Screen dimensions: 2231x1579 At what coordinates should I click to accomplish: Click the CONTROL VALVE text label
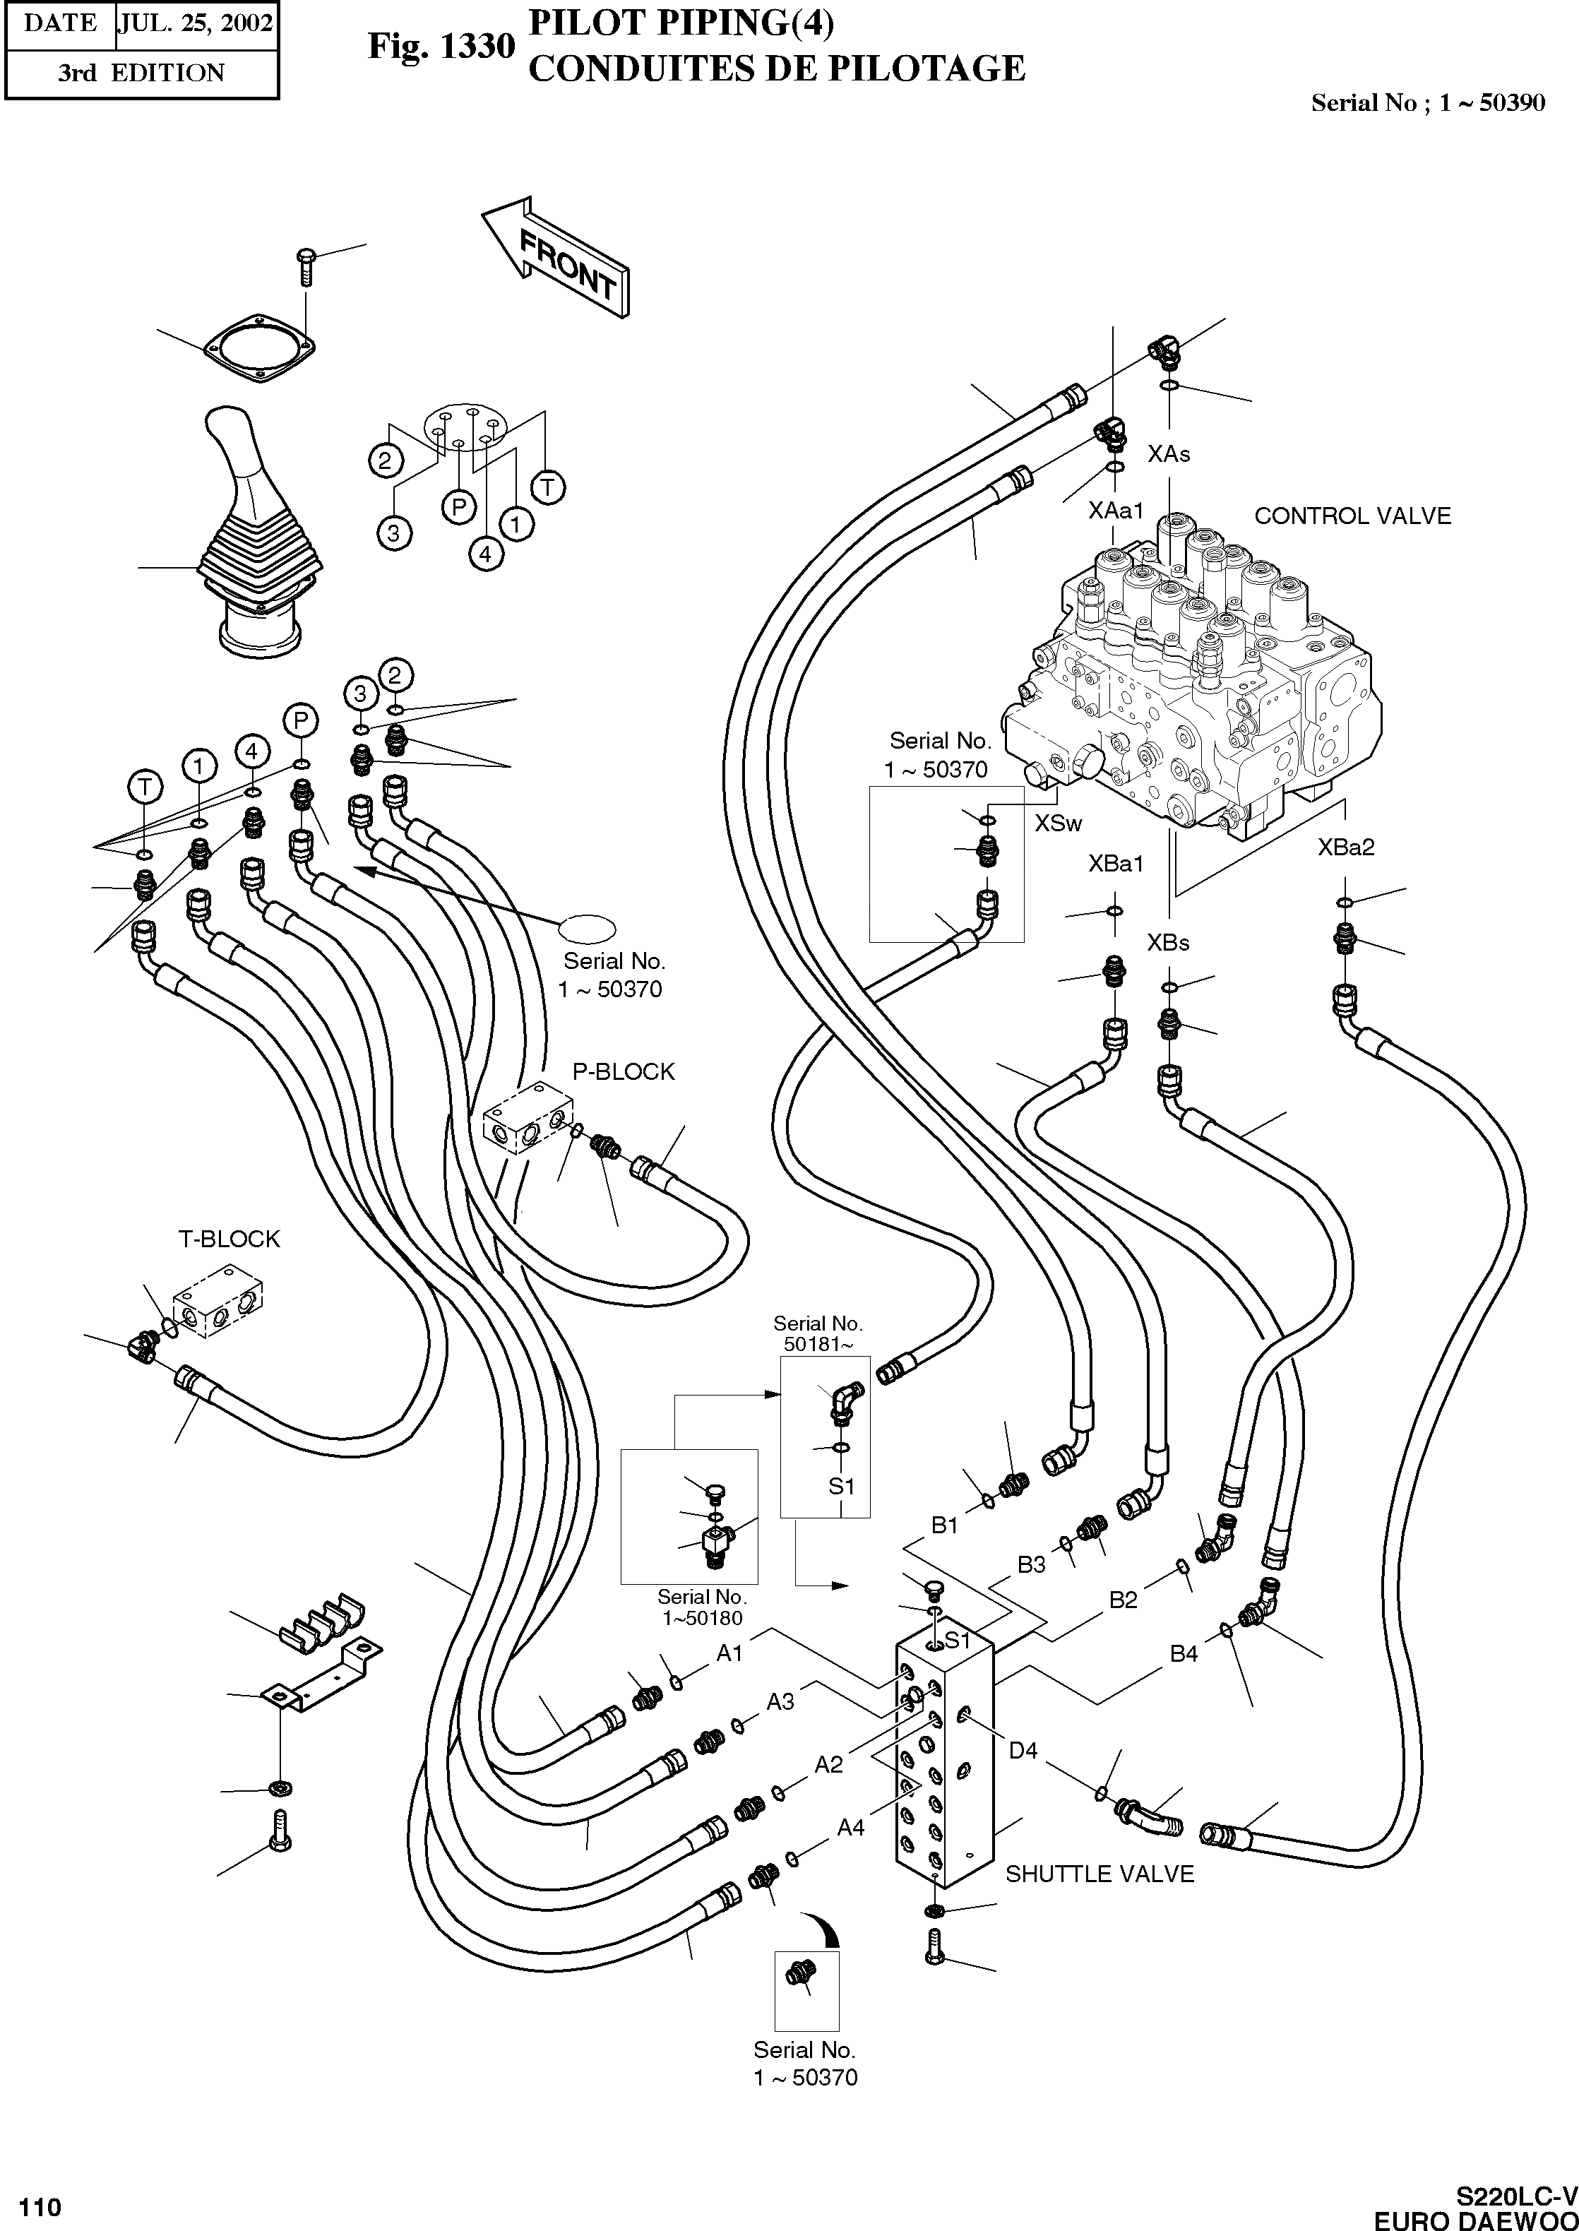(1352, 516)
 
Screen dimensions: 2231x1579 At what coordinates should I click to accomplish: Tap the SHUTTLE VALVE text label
(1099, 1873)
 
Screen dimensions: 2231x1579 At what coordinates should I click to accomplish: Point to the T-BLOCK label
(229, 1239)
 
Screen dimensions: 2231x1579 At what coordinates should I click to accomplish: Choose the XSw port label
(1058, 823)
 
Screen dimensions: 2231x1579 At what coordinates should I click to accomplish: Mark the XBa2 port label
(1346, 847)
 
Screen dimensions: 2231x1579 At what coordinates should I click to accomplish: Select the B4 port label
(1184, 1653)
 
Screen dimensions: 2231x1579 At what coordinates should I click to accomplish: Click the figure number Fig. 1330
(441, 47)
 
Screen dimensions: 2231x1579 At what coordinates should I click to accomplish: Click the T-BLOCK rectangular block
(222, 1302)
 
